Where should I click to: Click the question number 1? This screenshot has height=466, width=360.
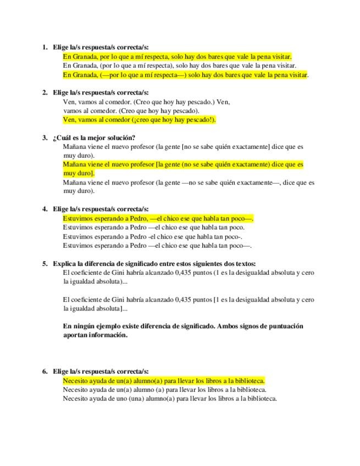(44, 47)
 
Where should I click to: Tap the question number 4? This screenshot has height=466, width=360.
(44, 209)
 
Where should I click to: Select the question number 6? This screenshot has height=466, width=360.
(44, 371)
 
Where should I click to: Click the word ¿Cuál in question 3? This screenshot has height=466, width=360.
(61, 137)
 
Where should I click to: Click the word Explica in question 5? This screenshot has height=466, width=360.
(64, 263)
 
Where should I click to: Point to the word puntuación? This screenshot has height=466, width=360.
(284, 326)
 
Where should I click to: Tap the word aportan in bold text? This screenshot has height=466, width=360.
(75, 335)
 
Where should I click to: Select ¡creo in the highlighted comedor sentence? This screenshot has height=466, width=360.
(143, 119)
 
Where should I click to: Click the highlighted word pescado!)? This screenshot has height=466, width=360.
(200, 119)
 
